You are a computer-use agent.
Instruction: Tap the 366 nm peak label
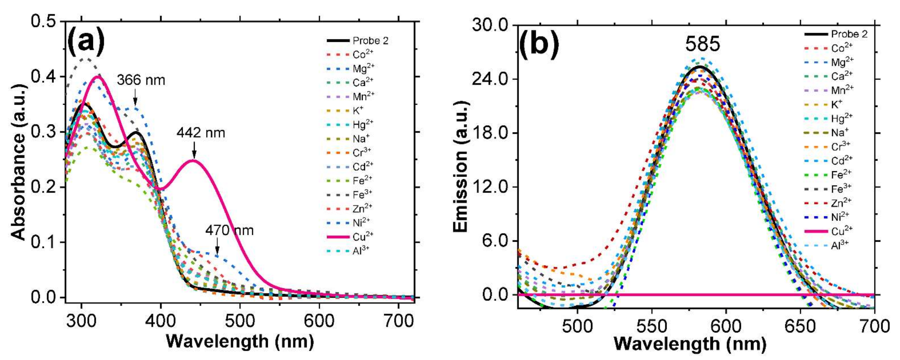point(141,80)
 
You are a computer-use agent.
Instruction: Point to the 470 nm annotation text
point(229,231)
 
